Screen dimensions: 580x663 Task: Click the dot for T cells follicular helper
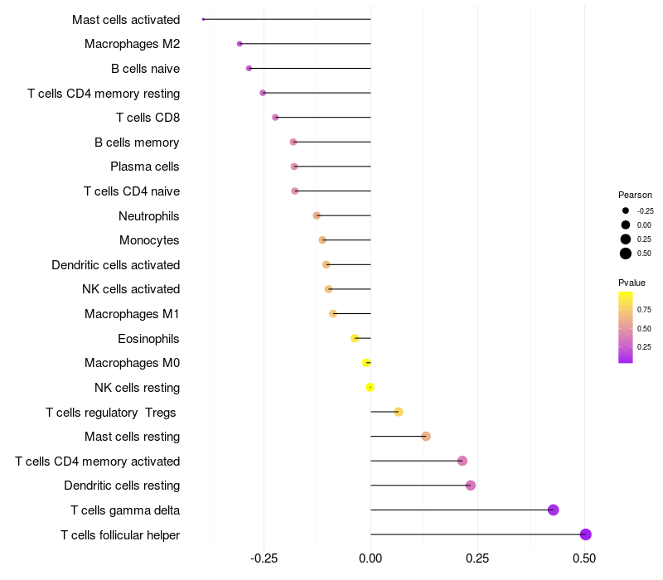pyautogui.click(x=585, y=534)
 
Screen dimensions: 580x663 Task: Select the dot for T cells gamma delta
pyautogui.click(x=554, y=510)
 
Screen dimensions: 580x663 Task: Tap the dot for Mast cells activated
pyautogui.click(x=203, y=19)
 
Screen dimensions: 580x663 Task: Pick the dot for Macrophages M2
pyautogui.click(x=240, y=44)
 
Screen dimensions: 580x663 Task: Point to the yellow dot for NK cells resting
pyautogui.click(x=370, y=387)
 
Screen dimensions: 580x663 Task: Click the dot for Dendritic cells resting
pyautogui.click(x=471, y=486)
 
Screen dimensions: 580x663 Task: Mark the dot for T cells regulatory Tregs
pyautogui.click(x=399, y=412)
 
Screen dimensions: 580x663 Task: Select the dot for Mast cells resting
pyautogui.click(x=426, y=437)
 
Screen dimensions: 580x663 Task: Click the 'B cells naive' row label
pyautogui.click(x=145, y=69)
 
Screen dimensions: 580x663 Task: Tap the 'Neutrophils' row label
pyautogui.click(x=149, y=216)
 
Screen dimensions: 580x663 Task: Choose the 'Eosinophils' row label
pyautogui.click(x=148, y=339)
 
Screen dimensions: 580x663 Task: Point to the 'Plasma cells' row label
pyautogui.click(x=145, y=167)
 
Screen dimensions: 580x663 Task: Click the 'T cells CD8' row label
pyautogui.click(x=148, y=118)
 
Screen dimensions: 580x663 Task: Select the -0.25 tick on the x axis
pyautogui.click(x=264, y=559)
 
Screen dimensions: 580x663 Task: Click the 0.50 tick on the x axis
pyautogui.click(x=584, y=559)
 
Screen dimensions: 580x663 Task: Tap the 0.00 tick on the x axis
pyautogui.click(x=370, y=559)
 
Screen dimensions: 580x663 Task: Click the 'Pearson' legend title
pyautogui.click(x=635, y=195)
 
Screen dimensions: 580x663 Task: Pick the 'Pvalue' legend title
pyautogui.click(x=632, y=283)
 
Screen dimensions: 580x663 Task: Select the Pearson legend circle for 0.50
pyautogui.click(x=626, y=254)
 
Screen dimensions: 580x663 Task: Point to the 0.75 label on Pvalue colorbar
pyautogui.click(x=644, y=310)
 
